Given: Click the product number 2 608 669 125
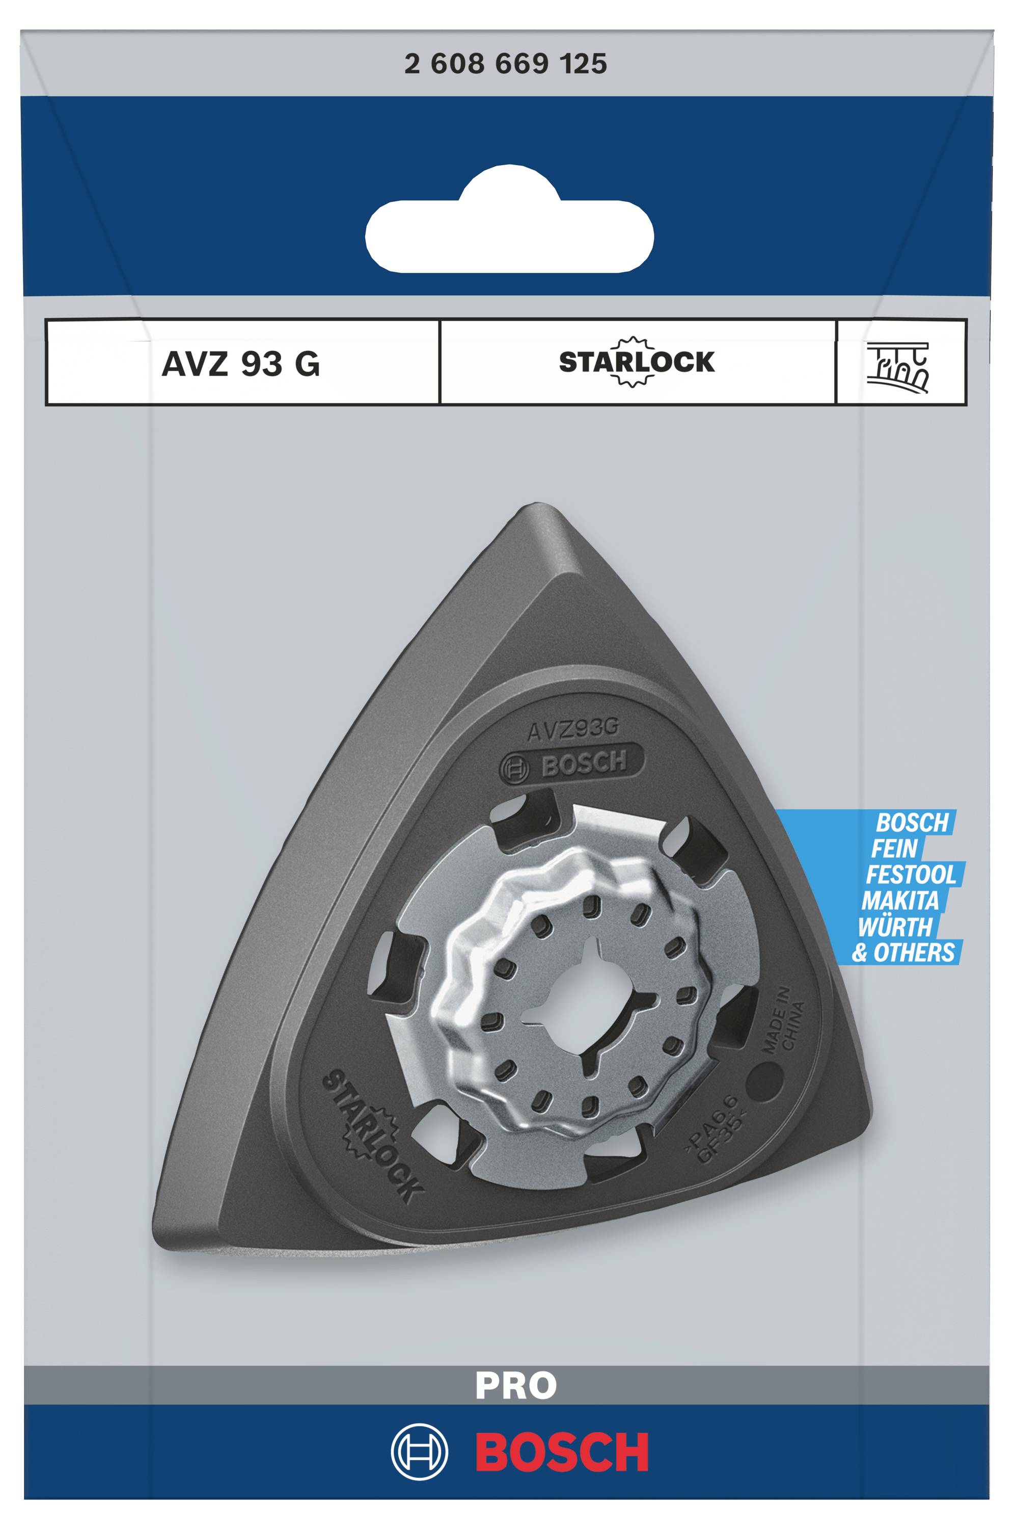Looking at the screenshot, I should point(506,64).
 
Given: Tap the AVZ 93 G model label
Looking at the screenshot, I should point(240,364).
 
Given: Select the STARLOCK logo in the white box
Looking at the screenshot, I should point(637,362).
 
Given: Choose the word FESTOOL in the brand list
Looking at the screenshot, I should point(911,874).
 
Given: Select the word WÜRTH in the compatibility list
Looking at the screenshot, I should point(896,927).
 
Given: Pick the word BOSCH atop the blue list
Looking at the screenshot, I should point(913,823).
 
